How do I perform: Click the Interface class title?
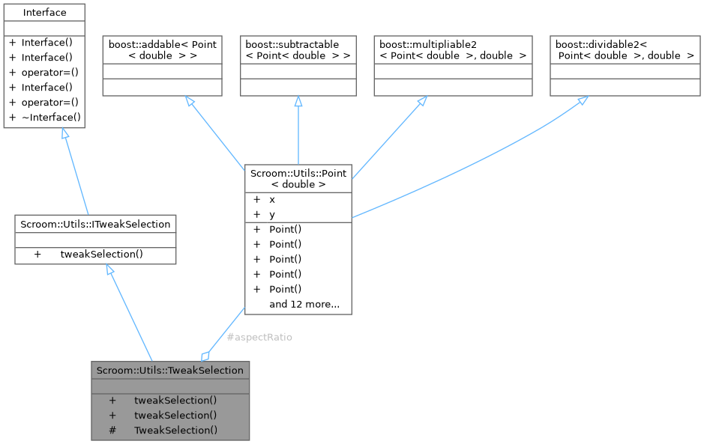pos(44,13)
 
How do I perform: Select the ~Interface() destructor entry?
pos(50,118)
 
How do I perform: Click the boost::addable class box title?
pos(162,50)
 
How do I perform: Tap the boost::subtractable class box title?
pos(298,50)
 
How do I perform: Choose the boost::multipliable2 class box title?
pos(453,50)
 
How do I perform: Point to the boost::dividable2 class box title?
pos(625,50)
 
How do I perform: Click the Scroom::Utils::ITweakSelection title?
pos(95,224)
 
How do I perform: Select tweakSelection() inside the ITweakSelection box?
pos(101,255)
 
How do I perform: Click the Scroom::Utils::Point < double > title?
pos(298,178)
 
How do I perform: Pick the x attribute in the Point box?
pos(272,200)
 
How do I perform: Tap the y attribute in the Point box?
pos(272,214)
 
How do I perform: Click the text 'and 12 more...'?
pos(304,304)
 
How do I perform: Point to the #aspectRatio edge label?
pos(259,337)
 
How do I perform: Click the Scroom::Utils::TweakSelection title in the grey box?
pos(170,370)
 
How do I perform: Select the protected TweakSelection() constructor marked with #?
pos(175,430)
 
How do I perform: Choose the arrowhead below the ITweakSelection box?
pos(110,272)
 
